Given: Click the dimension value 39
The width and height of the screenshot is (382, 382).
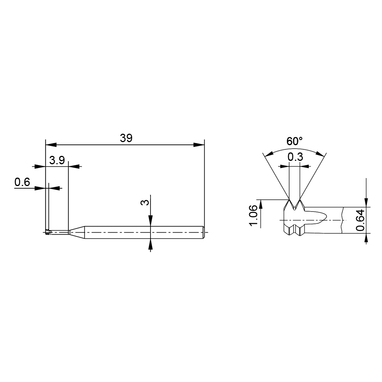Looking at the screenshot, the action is (x=126, y=138).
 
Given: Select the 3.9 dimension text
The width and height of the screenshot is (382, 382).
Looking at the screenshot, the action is (x=57, y=160).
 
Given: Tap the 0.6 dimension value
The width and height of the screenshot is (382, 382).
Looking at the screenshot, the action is (x=22, y=182).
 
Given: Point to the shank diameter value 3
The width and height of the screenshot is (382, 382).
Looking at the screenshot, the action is (x=145, y=202).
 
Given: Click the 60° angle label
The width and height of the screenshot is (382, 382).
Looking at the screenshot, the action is (x=294, y=141).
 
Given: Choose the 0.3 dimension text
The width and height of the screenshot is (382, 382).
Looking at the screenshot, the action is (x=295, y=157).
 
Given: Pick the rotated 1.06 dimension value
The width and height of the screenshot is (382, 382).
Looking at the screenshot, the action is (x=253, y=215).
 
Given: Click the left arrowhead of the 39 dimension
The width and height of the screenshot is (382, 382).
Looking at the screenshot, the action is (x=51, y=145).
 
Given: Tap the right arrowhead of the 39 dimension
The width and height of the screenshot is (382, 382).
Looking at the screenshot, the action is (x=199, y=145).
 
